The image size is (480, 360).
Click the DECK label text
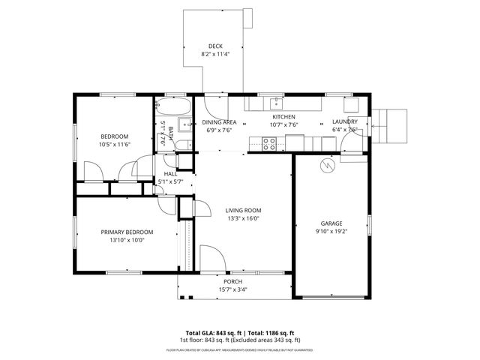214,46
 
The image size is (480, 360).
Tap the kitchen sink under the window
276,101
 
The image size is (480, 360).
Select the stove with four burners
270,143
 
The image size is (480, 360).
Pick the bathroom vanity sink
185,124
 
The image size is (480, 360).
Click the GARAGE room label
331,223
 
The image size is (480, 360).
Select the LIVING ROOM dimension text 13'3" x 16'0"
242,219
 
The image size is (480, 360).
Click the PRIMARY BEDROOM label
127,232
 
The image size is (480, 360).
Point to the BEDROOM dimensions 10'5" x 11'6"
115,144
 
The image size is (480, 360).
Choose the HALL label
171,173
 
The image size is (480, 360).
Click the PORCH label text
232,281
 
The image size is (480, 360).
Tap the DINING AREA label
219,121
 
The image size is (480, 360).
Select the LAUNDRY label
345,121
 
